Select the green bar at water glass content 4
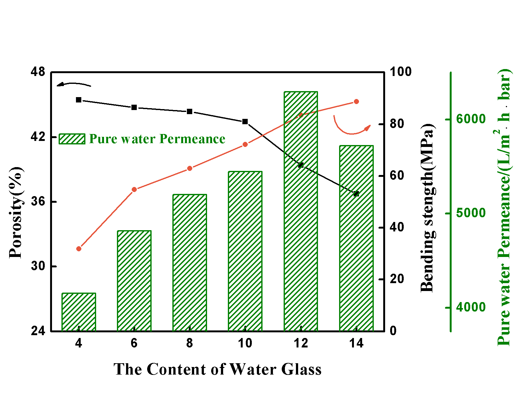click(x=79, y=312)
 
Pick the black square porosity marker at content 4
click(x=79, y=100)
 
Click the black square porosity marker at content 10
click(x=245, y=122)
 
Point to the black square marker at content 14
click(x=356, y=194)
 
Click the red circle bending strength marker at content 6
click(x=134, y=189)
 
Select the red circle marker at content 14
click(x=356, y=102)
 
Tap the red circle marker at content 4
click(x=79, y=249)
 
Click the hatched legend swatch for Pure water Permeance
click(x=72, y=139)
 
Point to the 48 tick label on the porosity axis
click(x=38, y=72)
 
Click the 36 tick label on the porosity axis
click(x=38, y=201)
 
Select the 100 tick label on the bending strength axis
click(x=401, y=72)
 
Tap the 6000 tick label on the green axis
click(x=471, y=119)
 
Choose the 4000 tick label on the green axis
click(x=471, y=307)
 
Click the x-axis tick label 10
click(x=245, y=343)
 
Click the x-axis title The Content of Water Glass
click(x=217, y=369)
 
